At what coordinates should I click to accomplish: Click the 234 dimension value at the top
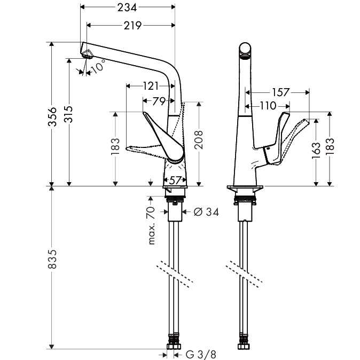click(x=127, y=7)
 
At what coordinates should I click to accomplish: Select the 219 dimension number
click(x=132, y=26)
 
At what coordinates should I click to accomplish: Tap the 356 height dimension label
click(x=52, y=116)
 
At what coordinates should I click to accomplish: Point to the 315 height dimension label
click(x=68, y=114)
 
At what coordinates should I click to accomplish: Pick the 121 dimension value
click(x=151, y=86)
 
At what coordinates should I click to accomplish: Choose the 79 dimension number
click(x=159, y=101)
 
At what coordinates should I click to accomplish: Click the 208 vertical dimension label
click(x=199, y=140)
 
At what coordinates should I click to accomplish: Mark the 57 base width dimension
click(x=175, y=181)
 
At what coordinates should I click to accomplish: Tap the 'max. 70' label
click(x=152, y=225)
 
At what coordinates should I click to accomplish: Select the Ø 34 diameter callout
click(x=206, y=212)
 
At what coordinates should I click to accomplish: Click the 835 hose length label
click(x=52, y=259)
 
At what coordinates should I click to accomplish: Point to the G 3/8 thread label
click(x=201, y=355)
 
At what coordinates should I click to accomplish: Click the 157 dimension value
click(x=280, y=92)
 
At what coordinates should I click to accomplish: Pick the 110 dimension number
click(x=268, y=106)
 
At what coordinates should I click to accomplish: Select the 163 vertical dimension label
click(x=316, y=151)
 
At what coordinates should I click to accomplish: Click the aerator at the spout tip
click(x=87, y=54)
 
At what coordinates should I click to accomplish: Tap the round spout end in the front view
click(x=245, y=49)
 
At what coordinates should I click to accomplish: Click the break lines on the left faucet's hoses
click(x=175, y=274)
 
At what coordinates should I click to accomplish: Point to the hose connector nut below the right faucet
click(x=244, y=353)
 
